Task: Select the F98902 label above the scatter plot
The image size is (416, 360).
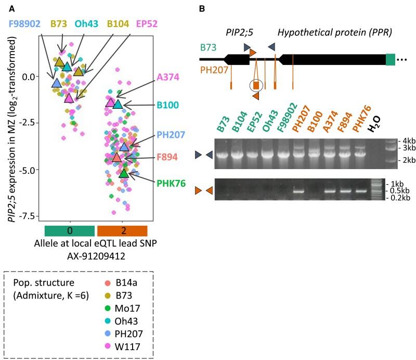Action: (x=24, y=24)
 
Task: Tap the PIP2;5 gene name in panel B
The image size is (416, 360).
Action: (x=242, y=33)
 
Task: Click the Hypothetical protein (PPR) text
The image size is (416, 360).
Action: (x=334, y=33)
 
